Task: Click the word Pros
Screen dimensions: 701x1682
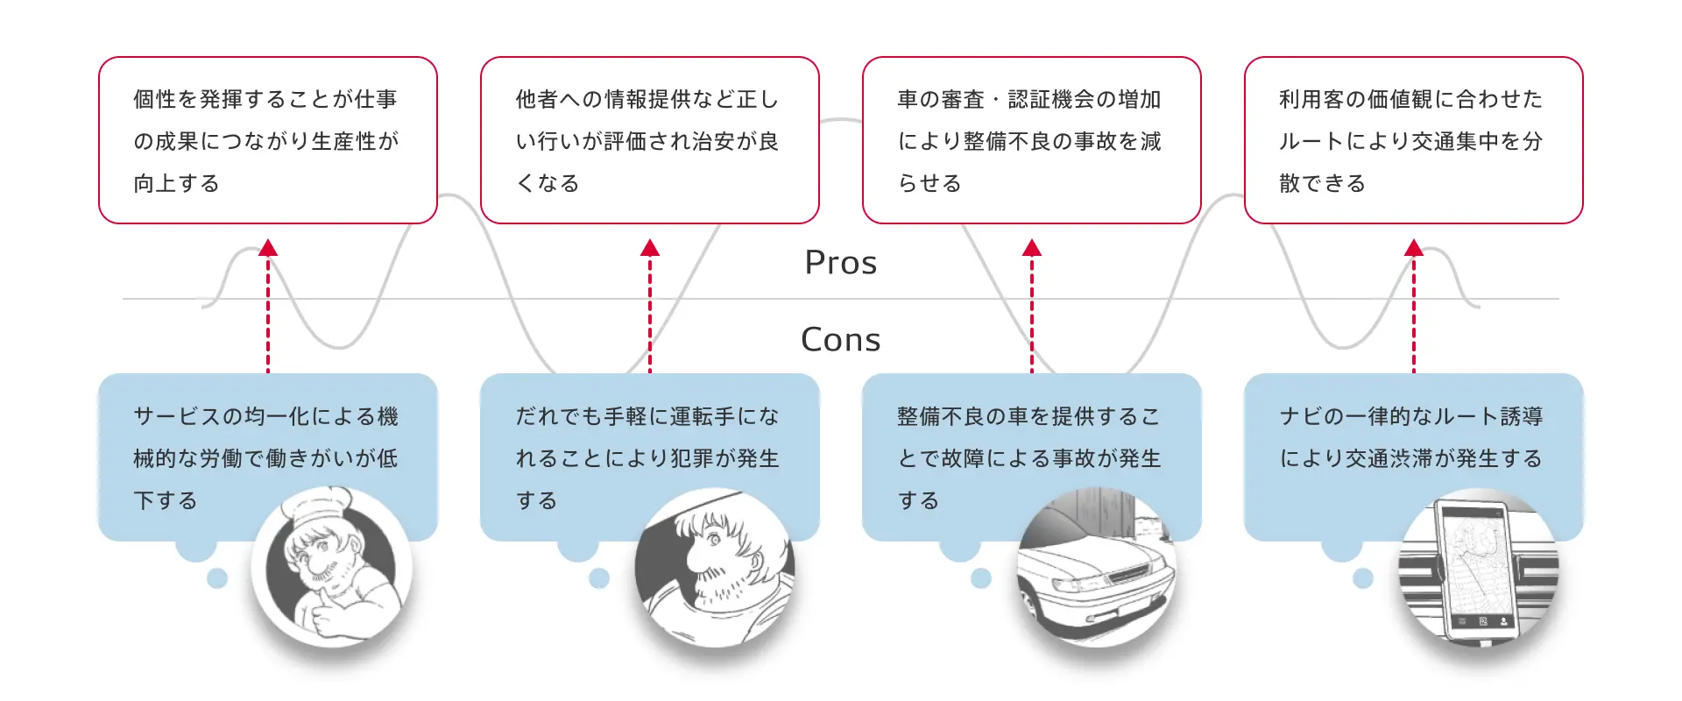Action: [x=840, y=263]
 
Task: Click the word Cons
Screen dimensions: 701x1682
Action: [x=840, y=340]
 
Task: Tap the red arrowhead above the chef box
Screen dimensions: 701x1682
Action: [x=268, y=248]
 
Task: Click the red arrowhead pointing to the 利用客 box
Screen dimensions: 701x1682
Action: [x=1413, y=248]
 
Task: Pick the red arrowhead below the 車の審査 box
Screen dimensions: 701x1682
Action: [x=1031, y=248]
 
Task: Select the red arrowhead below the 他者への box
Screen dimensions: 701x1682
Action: [x=649, y=248]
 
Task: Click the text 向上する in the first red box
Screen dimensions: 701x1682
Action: [x=176, y=184]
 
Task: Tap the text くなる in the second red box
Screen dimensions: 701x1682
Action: [x=548, y=184]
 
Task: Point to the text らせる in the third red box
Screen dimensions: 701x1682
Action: [x=929, y=184]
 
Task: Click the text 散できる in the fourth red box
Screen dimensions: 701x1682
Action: [x=1322, y=184]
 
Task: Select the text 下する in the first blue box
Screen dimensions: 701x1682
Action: [x=166, y=501]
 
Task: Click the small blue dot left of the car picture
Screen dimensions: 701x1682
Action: [x=981, y=578]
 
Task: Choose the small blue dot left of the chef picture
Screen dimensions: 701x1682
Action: [x=217, y=578]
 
